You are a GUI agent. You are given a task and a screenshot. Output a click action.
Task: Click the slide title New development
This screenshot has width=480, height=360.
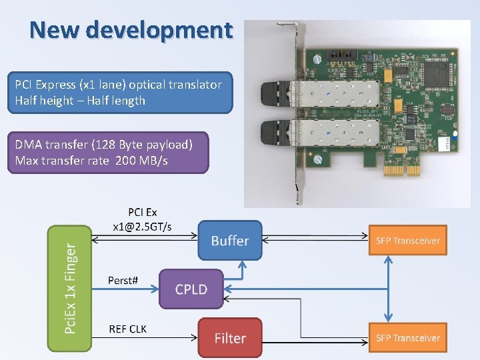131,30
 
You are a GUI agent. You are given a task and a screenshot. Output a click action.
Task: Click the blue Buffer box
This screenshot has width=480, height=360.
229,240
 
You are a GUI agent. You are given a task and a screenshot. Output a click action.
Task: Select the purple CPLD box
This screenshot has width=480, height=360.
191,289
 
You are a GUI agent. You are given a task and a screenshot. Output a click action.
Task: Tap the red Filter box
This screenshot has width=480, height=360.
229,338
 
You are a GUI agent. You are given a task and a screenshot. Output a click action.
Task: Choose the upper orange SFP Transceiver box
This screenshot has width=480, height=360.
408,241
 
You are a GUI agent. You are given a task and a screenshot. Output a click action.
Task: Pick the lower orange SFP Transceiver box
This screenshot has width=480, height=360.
408,338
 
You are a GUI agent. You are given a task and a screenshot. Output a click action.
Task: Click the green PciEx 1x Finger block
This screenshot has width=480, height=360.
71,288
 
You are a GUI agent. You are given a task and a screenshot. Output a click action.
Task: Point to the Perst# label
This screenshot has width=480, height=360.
123,280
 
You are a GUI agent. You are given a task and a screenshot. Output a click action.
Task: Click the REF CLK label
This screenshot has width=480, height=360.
128,329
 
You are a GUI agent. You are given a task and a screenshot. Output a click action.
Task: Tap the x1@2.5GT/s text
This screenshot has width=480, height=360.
141,227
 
